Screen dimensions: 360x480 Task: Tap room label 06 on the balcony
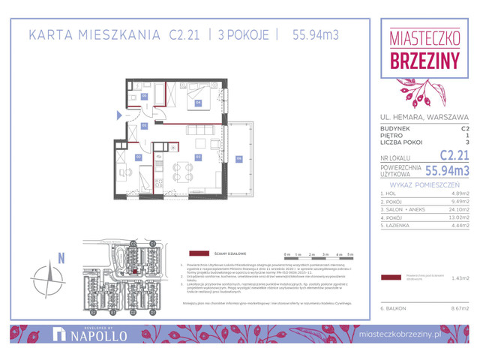(238, 157)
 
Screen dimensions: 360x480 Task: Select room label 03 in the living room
(198, 157)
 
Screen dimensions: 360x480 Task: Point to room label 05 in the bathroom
(144, 97)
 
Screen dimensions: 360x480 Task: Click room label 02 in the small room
(138, 157)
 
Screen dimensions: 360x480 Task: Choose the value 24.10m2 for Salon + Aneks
(457, 209)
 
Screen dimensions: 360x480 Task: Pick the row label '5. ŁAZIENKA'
(396, 226)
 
